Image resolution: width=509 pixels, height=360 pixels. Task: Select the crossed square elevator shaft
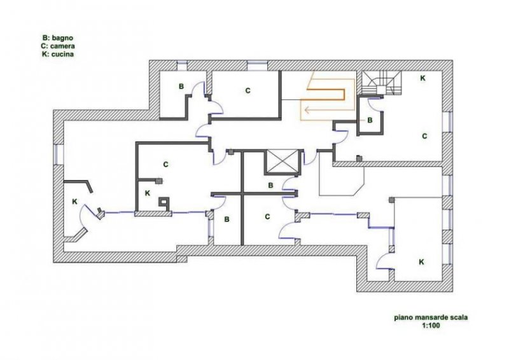[x=281, y=162]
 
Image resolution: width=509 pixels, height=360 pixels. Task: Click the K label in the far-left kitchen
[x=74, y=201]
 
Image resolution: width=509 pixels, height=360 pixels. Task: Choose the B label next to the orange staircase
[x=370, y=120]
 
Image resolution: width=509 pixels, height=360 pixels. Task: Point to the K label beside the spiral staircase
[x=422, y=78]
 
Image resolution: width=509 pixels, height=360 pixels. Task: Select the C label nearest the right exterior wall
[x=423, y=136]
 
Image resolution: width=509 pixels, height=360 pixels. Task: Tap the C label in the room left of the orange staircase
[x=248, y=91]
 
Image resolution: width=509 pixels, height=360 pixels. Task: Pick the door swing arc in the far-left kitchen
[x=87, y=224]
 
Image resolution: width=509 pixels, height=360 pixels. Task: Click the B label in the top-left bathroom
[x=181, y=86]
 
